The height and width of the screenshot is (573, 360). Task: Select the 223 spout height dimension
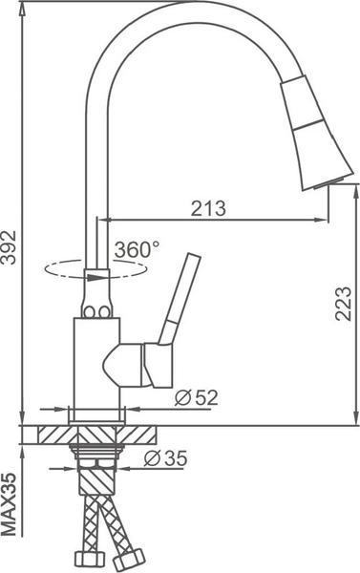[x=345, y=305]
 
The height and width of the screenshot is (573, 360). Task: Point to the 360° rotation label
[x=137, y=249]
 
